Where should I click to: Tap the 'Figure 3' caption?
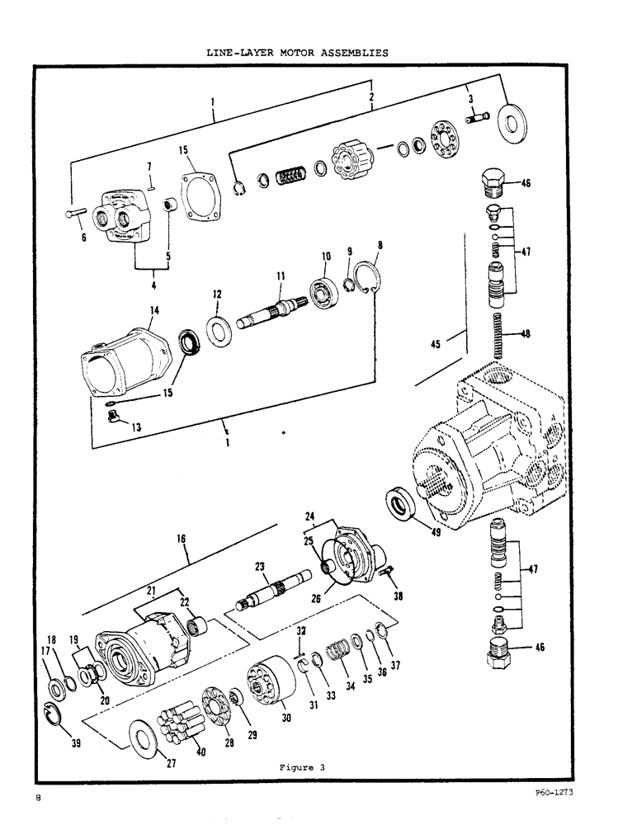[x=302, y=766]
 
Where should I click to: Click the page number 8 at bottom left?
[x=38, y=798]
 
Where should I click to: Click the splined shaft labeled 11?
[x=271, y=313]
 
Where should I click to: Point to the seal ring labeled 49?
[x=403, y=504]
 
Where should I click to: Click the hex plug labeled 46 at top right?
[x=493, y=181]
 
